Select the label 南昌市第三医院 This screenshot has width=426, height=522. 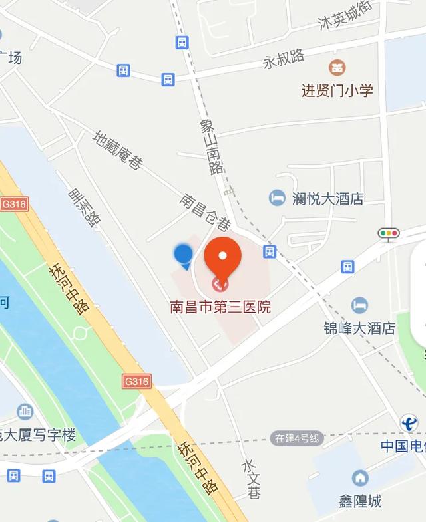click(220, 307)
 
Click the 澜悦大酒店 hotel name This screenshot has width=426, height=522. click(327, 198)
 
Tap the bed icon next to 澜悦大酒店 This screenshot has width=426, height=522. click(277, 197)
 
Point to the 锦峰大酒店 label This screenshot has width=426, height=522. click(359, 328)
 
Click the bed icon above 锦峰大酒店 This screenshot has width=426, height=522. click(360, 305)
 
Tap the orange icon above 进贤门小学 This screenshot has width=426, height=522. click(337, 67)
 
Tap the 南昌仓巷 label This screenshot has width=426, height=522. click(206, 212)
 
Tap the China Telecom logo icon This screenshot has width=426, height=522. click(409, 423)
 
